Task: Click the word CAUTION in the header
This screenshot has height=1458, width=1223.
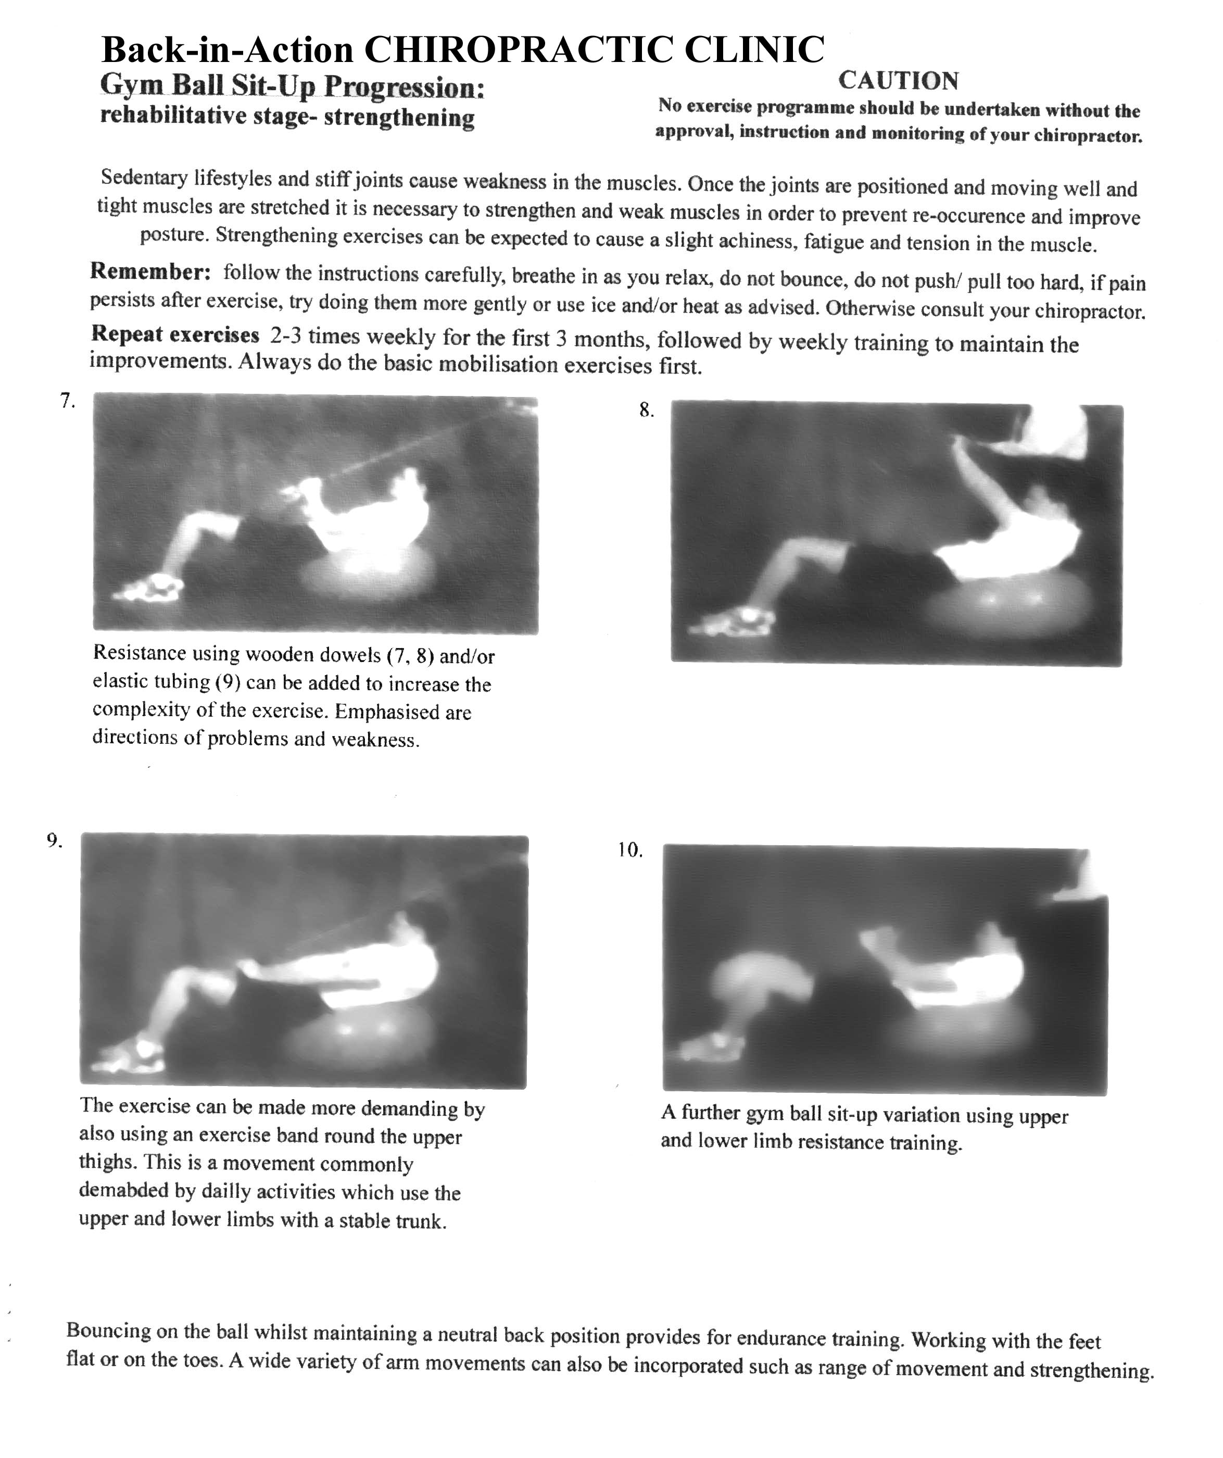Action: click(898, 81)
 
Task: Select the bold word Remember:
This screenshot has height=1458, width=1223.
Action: click(150, 271)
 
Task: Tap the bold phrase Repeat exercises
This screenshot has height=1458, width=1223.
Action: click(175, 334)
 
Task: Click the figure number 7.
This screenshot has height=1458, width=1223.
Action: click(67, 401)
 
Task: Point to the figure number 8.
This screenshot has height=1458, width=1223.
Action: click(646, 410)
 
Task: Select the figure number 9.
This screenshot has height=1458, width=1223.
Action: click(55, 841)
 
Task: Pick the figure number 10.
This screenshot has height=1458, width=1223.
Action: click(630, 851)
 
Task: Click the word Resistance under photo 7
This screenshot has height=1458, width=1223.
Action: click(140, 653)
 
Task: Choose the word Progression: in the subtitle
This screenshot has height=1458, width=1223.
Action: click(404, 88)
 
